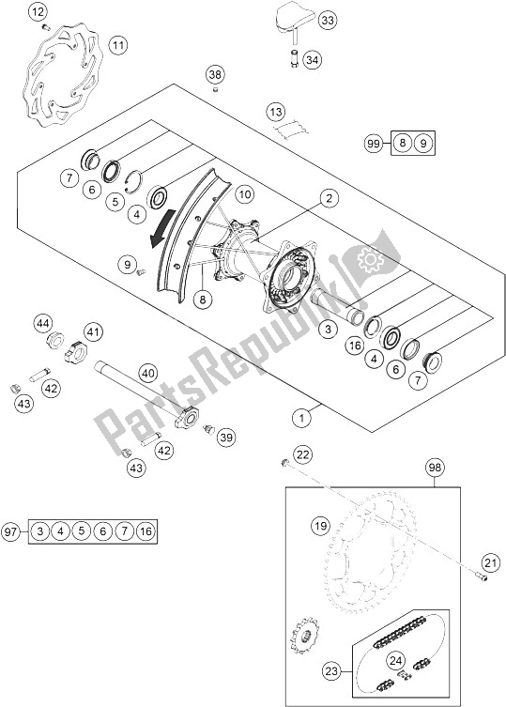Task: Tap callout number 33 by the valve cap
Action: click(299, 20)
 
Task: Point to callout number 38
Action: click(215, 73)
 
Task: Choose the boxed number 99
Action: click(373, 143)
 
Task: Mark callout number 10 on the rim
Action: click(244, 194)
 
